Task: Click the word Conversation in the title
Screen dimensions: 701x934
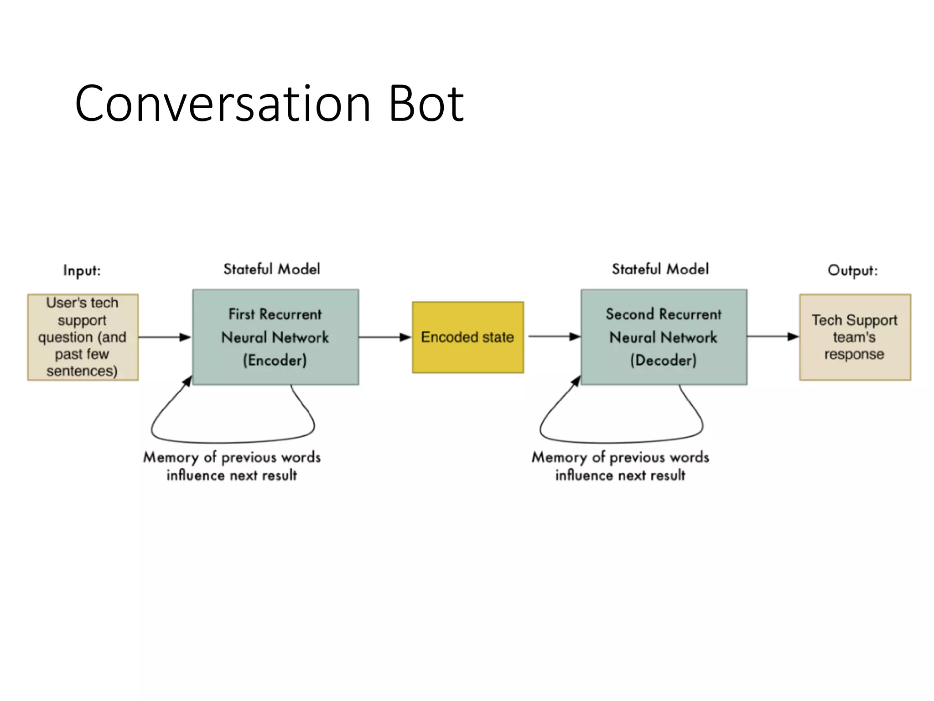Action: point(223,104)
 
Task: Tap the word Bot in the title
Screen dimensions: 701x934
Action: point(426,104)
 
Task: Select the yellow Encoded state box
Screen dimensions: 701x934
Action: point(467,337)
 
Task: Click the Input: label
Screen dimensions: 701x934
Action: point(82,270)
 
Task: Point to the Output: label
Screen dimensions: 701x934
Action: point(852,270)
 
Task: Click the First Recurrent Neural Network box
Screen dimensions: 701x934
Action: point(275,337)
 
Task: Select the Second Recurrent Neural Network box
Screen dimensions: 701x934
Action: point(664,337)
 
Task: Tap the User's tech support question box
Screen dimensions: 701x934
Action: point(83,337)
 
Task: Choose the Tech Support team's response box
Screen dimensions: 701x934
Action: point(855,337)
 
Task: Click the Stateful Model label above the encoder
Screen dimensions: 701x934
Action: point(272,269)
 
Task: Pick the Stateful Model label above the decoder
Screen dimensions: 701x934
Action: point(660,269)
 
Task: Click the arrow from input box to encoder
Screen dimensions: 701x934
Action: point(164,337)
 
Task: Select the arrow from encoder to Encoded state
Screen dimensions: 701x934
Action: point(385,337)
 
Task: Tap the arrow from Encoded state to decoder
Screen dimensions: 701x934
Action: point(554,337)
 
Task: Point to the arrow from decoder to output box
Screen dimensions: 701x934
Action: point(773,337)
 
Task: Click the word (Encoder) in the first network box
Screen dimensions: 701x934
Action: point(275,361)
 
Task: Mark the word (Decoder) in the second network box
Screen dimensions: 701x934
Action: point(663,361)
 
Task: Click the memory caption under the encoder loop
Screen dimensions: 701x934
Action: point(232,466)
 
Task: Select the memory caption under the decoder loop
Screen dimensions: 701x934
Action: point(620,466)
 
